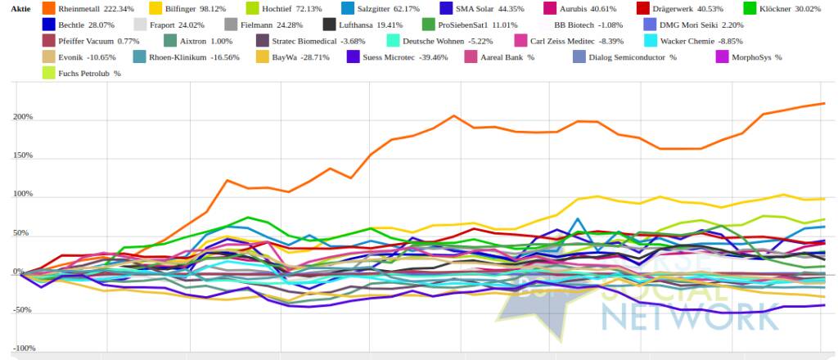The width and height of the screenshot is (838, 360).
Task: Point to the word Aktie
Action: point(21,8)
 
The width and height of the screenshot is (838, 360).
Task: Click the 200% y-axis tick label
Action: point(21,117)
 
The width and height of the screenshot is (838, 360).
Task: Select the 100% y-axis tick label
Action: point(21,195)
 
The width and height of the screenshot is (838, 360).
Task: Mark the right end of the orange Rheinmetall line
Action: point(823,104)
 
